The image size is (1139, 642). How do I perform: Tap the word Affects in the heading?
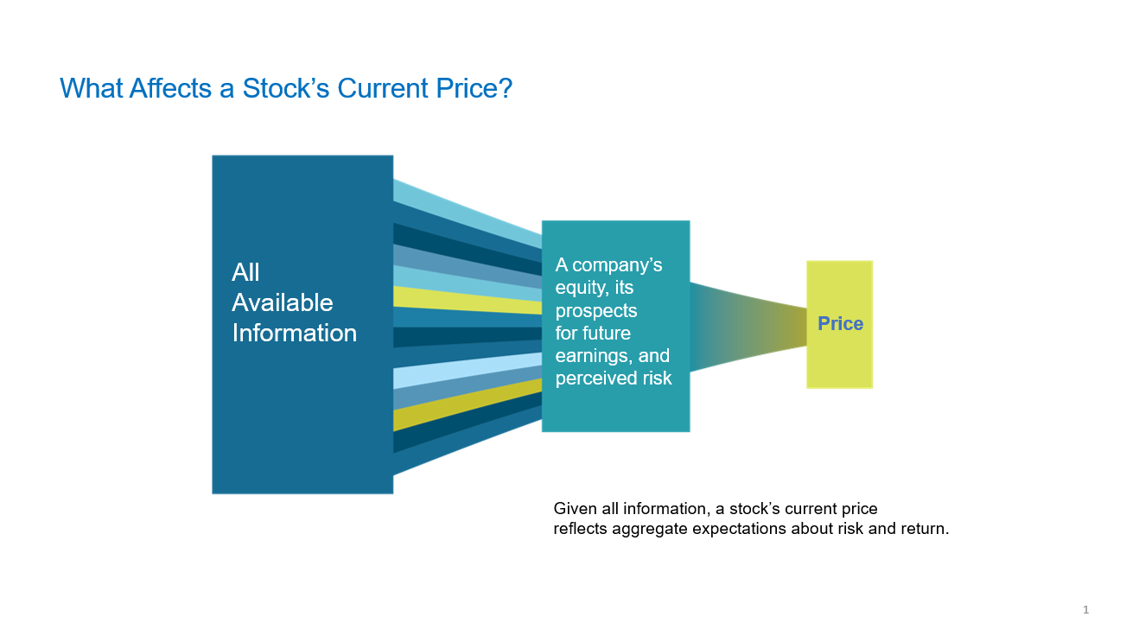(x=170, y=88)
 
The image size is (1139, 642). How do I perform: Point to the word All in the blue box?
(x=245, y=272)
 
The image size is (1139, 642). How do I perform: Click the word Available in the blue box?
(x=283, y=303)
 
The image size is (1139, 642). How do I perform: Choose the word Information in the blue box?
(x=295, y=333)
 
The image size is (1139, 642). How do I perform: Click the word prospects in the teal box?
(x=596, y=311)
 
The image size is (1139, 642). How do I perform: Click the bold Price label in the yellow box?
(x=840, y=323)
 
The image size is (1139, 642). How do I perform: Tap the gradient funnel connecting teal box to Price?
(x=748, y=327)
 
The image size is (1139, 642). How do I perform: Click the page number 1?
(x=1085, y=609)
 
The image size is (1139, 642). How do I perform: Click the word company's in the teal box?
(x=617, y=265)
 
